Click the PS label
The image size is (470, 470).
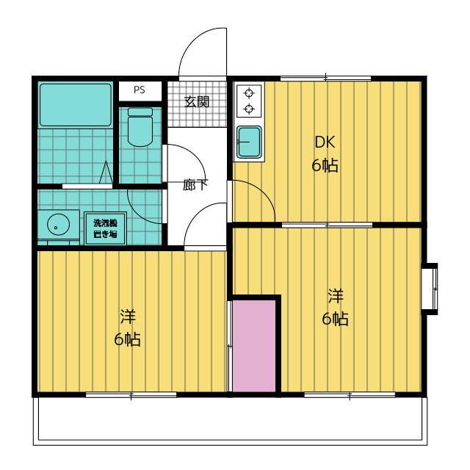pyautogui.click(x=139, y=90)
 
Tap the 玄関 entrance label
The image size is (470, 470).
pyautogui.click(x=197, y=102)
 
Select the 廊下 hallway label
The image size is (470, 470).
pyautogui.click(x=195, y=185)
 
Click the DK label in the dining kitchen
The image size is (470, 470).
pyautogui.click(x=325, y=142)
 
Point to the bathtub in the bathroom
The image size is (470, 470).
pyautogui.click(x=76, y=104)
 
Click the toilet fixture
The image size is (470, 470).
pyautogui.click(x=140, y=127)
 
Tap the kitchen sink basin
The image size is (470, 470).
pyautogui.click(x=249, y=142)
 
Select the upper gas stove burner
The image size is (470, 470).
pyautogui.click(x=249, y=93)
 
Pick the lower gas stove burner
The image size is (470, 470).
pyautogui.click(x=249, y=109)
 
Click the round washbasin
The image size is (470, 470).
pyautogui.click(x=58, y=224)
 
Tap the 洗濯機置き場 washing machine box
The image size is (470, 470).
pyautogui.click(x=105, y=228)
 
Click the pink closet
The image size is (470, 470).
pyautogui.click(x=254, y=346)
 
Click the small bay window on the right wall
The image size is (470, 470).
pyautogui.click(x=430, y=289)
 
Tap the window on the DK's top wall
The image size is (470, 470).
pyautogui.click(x=325, y=79)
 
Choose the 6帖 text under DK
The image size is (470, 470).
pyautogui.click(x=325, y=165)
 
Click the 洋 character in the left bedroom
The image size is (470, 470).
pyautogui.click(x=128, y=317)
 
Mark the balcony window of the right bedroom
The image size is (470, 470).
pyautogui.click(x=350, y=395)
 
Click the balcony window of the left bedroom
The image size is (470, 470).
pyautogui.click(x=131, y=395)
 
